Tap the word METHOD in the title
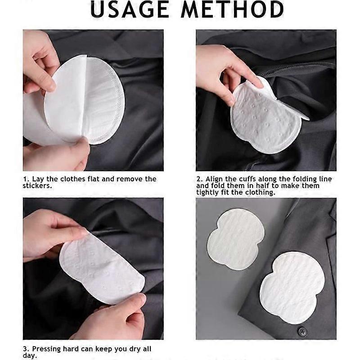point(232,10)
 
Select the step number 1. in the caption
point(26,179)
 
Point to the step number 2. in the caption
point(199,179)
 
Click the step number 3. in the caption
point(26,349)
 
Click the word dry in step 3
point(131,349)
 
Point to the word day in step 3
point(29,355)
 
